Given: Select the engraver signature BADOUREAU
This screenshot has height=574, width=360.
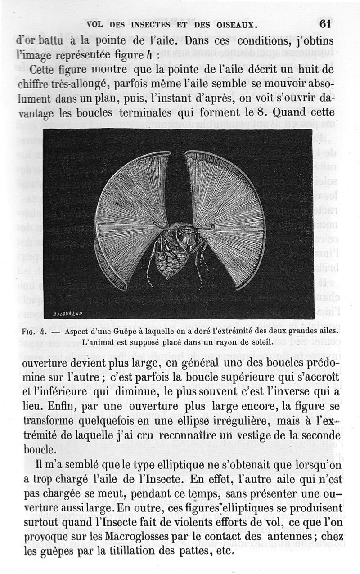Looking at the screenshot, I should [67, 314].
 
